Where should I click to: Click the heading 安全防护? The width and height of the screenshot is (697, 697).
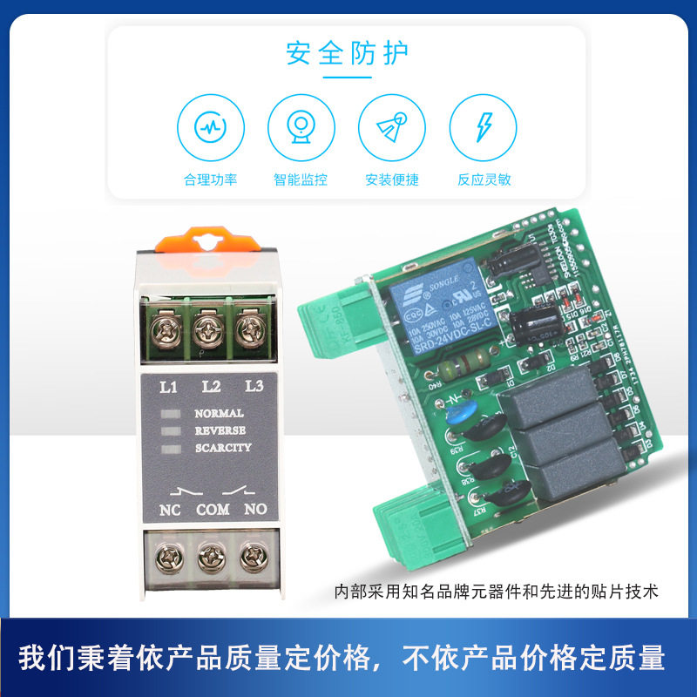[347, 54]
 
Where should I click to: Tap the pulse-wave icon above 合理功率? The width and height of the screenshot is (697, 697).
[210, 127]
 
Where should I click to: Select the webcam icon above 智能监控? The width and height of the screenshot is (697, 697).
[301, 127]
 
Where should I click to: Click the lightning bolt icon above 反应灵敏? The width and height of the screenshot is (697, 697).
[483, 127]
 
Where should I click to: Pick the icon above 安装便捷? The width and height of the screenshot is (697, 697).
[392, 127]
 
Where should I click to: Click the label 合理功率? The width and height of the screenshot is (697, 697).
[210, 180]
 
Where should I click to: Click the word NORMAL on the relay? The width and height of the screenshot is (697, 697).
[219, 414]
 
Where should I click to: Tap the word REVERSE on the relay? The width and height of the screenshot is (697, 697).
[220, 430]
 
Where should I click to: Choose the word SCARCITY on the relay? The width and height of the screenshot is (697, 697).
[223, 448]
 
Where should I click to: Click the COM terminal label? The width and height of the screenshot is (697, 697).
[213, 510]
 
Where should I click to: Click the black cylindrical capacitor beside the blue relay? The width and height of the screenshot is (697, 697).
[533, 323]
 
